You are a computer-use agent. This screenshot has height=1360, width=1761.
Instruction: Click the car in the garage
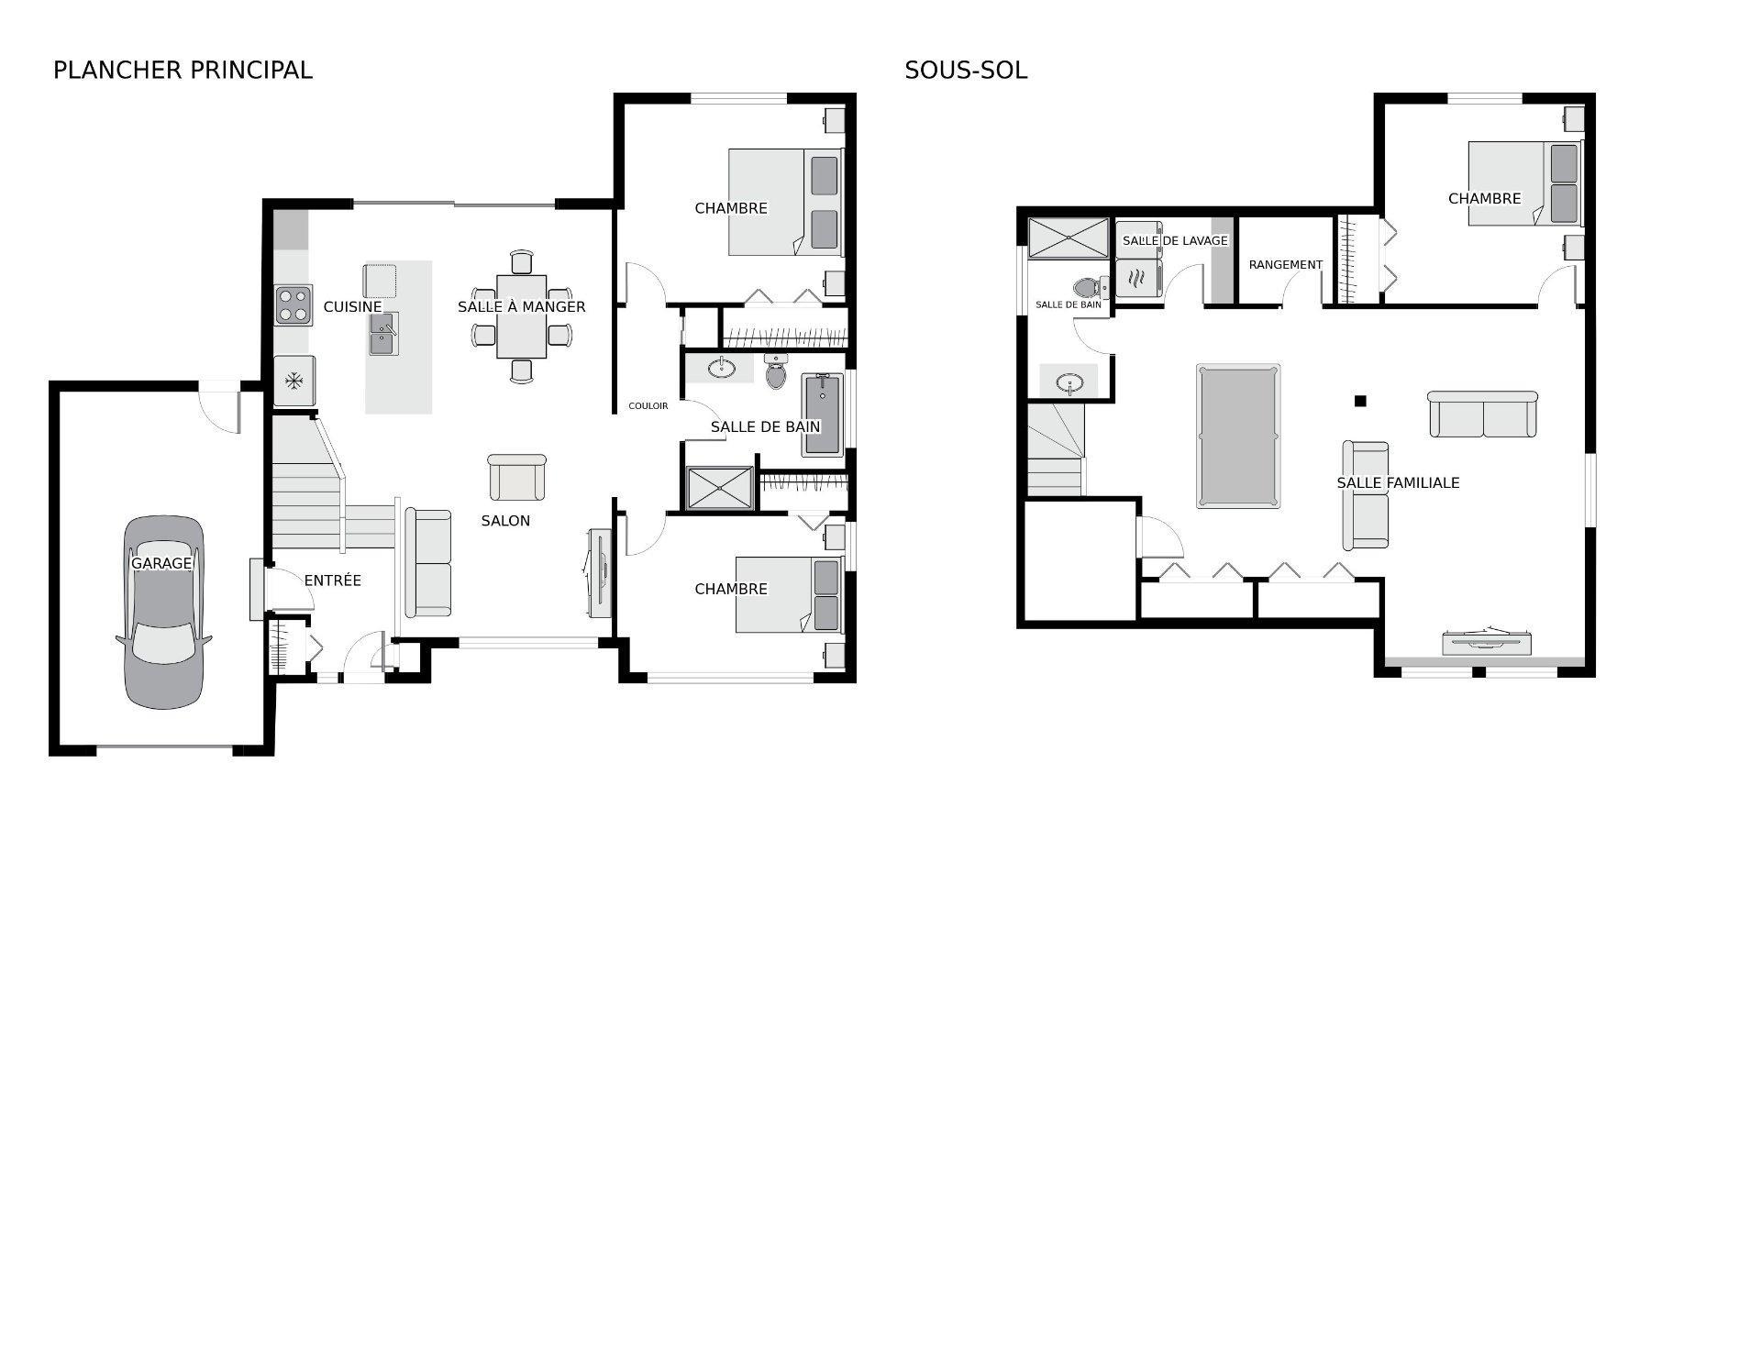click(x=163, y=613)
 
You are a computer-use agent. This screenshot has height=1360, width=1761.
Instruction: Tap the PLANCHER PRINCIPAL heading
click(x=183, y=70)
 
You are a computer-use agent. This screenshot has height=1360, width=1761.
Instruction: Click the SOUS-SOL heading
click(x=965, y=70)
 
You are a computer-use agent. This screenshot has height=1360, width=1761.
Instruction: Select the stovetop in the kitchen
click(x=293, y=305)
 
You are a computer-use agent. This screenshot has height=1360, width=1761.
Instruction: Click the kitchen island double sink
click(x=383, y=333)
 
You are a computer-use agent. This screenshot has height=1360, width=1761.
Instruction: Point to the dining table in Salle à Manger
click(x=521, y=316)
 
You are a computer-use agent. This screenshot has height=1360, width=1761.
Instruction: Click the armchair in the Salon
click(x=516, y=477)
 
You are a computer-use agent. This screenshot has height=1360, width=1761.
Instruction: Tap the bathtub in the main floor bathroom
click(x=822, y=415)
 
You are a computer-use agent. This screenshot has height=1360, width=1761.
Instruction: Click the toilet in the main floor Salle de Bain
click(x=777, y=372)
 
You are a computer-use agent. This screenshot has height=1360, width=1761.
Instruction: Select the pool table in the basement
click(x=1237, y=436)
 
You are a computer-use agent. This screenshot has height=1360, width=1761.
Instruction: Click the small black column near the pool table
click(x=1360, y=401)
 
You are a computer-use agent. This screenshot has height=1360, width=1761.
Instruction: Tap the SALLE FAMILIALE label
click(x=1397, y=482)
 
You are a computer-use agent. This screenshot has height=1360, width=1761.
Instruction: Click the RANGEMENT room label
click(x=1285, y=265)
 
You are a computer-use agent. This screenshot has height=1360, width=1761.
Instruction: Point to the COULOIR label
click(x=648, y=405)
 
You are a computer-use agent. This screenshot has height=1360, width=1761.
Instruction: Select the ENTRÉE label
click(x=332, y=580)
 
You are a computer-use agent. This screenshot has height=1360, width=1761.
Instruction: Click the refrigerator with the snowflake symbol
click(x=294, y=381)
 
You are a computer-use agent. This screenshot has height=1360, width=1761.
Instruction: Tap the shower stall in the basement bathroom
click(x=1068, y=238)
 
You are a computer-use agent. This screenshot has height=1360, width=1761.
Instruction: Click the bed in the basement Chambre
click(x=1524, y=183)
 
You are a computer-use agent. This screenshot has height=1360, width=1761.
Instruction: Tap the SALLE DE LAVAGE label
click(x=1174, y=240)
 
